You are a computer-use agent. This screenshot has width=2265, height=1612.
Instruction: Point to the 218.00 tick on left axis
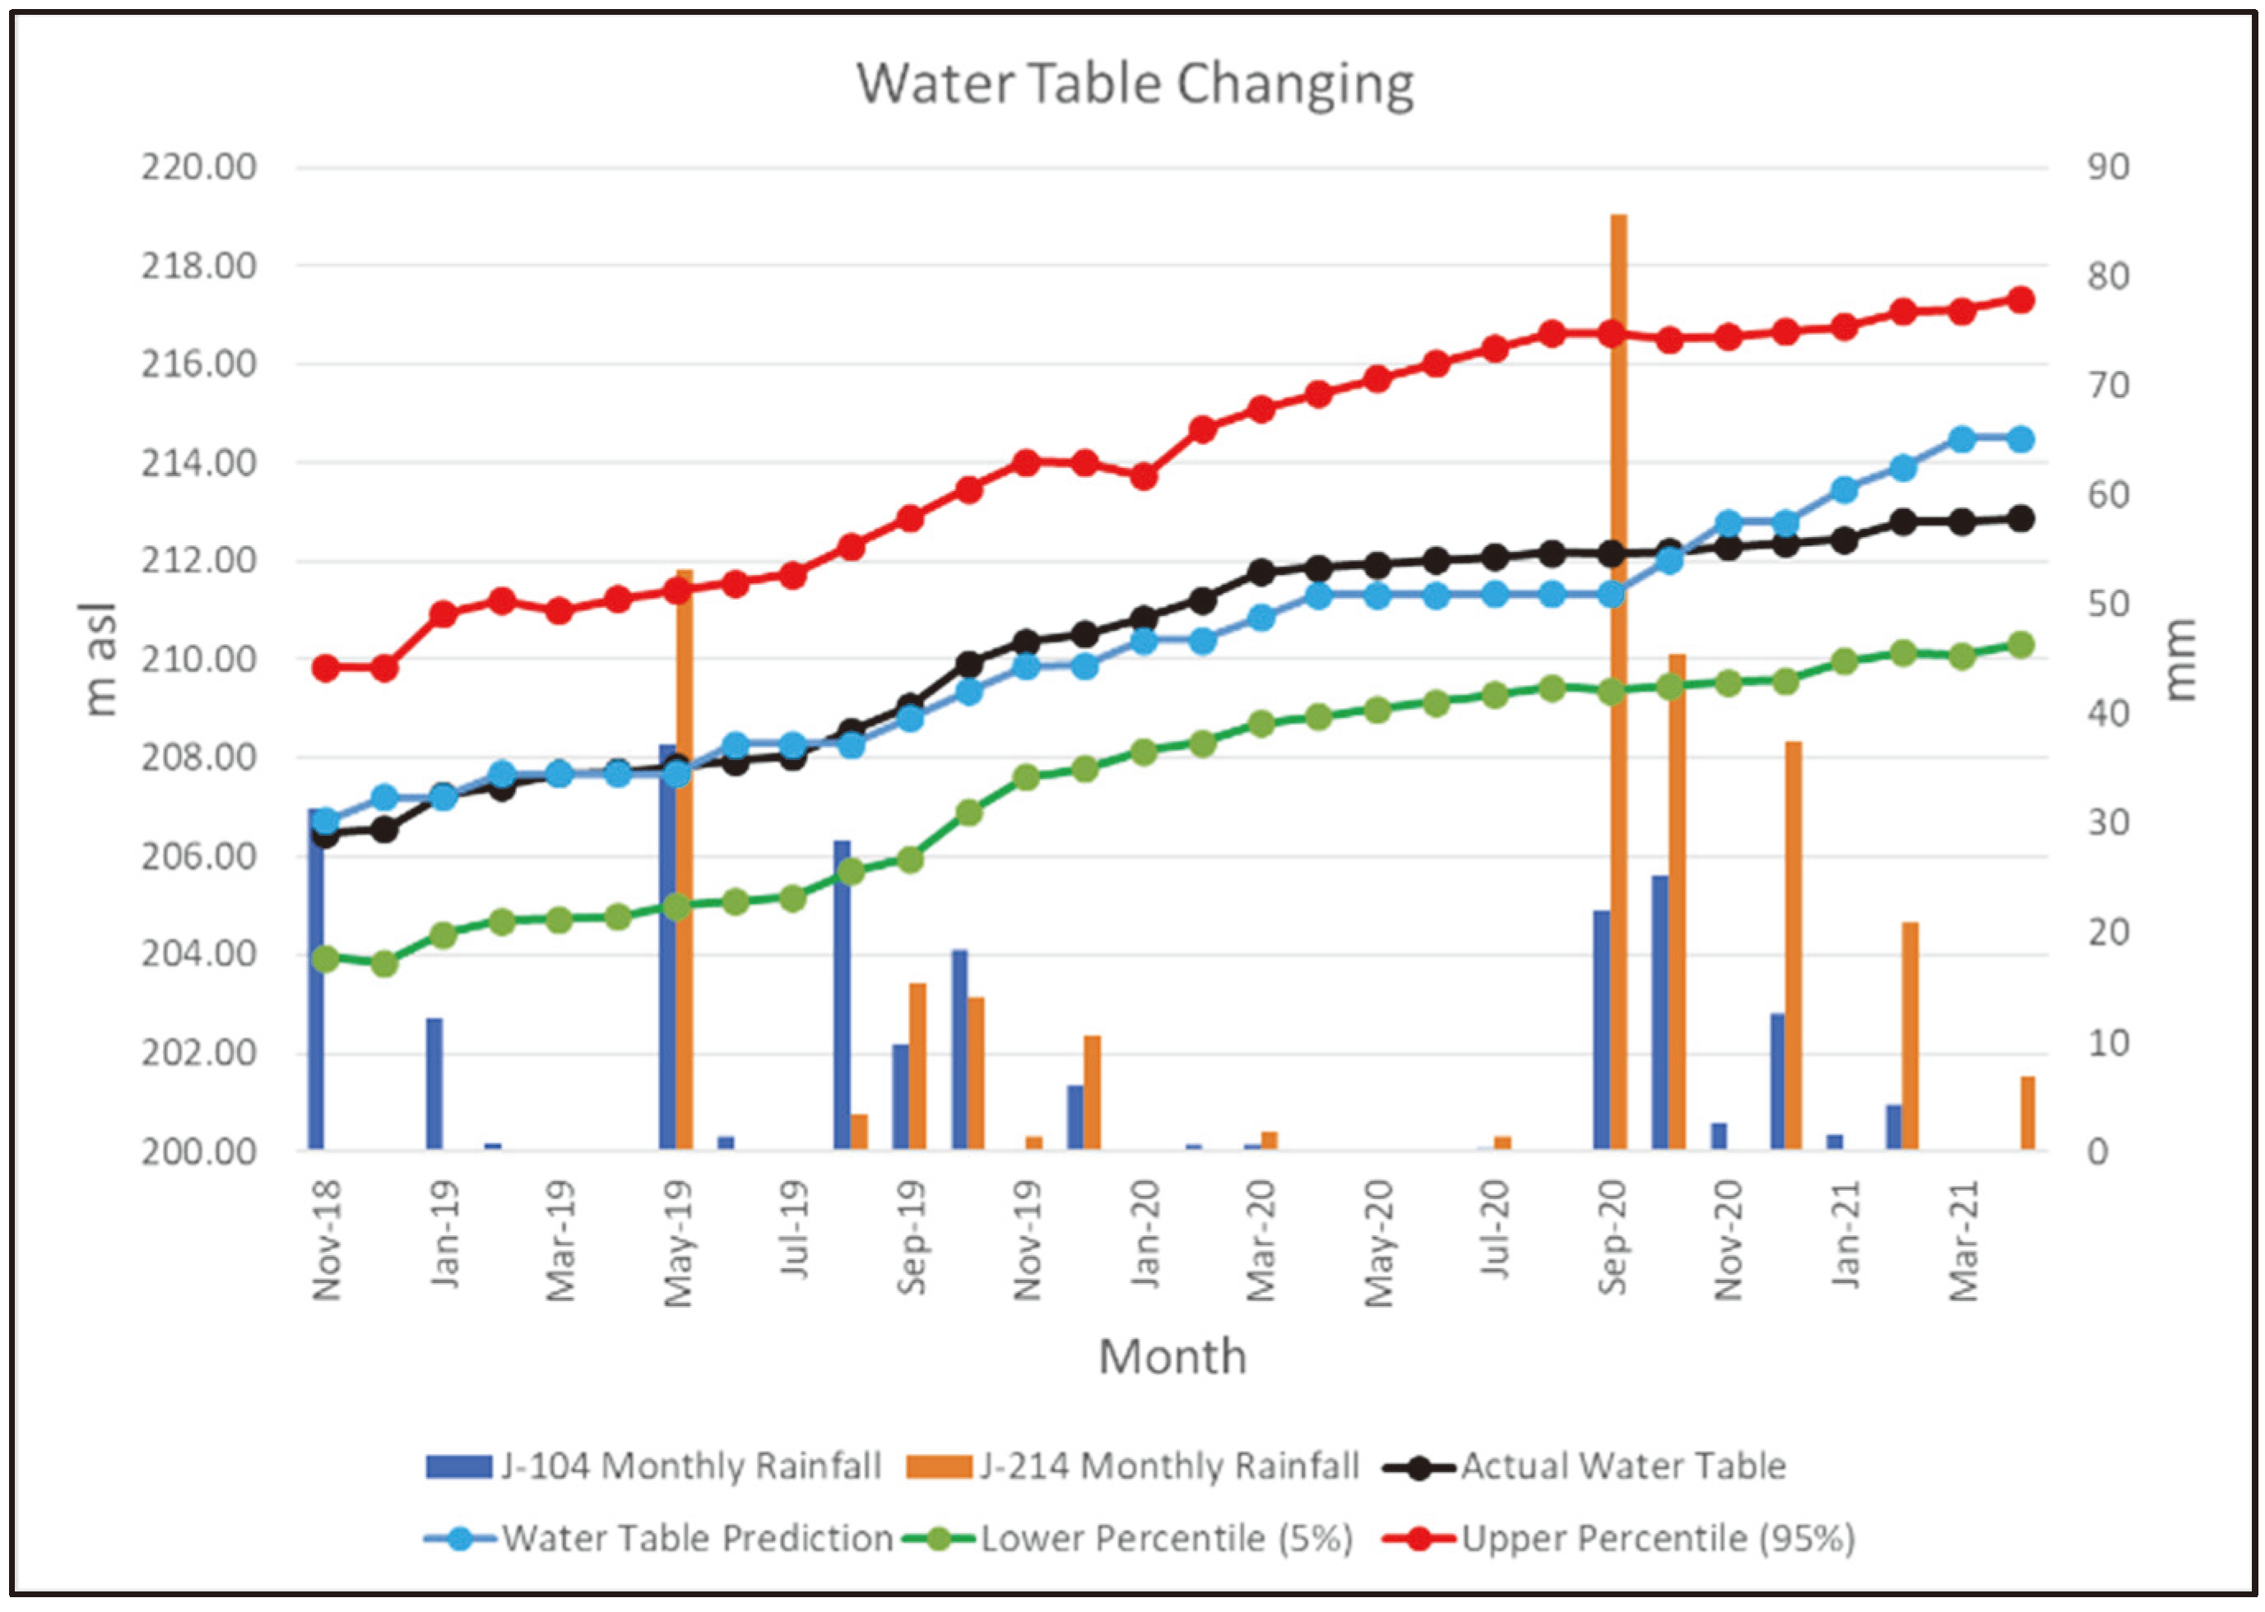[x=198, y=266]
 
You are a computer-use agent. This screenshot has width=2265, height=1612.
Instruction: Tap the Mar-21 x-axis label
[x=1963, y=1241]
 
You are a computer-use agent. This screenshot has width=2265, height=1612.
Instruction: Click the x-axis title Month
[x=1172, y=1357]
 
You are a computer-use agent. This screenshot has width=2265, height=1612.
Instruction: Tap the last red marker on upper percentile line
[x=2021, y=299]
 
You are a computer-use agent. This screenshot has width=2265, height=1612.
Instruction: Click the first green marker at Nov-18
[x=326, y=959]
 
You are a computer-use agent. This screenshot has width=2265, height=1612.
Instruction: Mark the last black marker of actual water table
[x=2021, y=518]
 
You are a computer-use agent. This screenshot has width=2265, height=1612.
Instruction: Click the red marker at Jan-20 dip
[x=1144, y=476]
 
